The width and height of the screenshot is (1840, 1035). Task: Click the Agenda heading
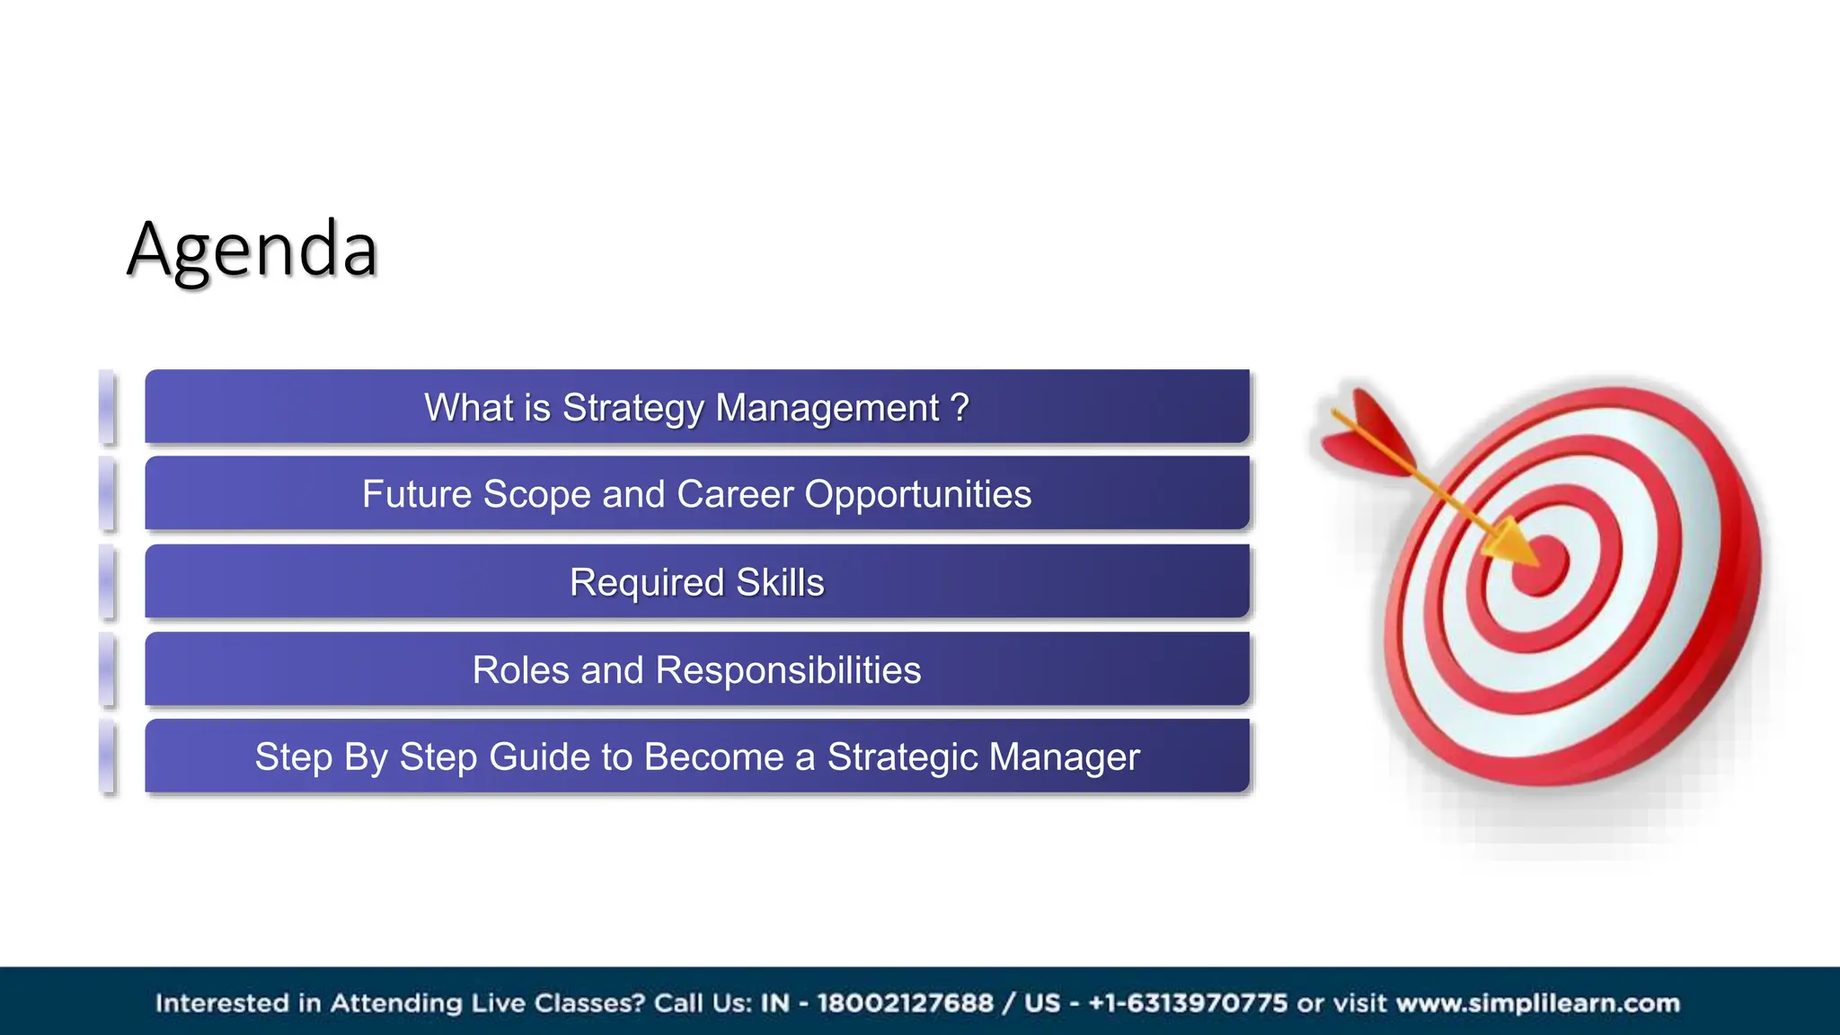click(x=252, y=250)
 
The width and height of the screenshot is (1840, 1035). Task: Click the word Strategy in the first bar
click(x=632, y=409)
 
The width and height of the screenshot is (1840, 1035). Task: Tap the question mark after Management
click(x=960, y=408)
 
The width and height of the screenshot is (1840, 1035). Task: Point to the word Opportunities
click(x=917, y=495)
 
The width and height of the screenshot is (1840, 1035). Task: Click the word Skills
click(x=780, y=583)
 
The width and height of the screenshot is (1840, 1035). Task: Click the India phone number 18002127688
click(x=905, y=1003)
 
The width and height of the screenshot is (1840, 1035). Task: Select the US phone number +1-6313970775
click(x=1188, y=1003)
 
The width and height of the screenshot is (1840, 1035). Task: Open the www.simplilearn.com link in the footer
click(x=1537, y=1003)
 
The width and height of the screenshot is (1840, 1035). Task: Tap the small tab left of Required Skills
click(x=107, y=582)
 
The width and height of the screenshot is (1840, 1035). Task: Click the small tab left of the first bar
click(x=107, y=407)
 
